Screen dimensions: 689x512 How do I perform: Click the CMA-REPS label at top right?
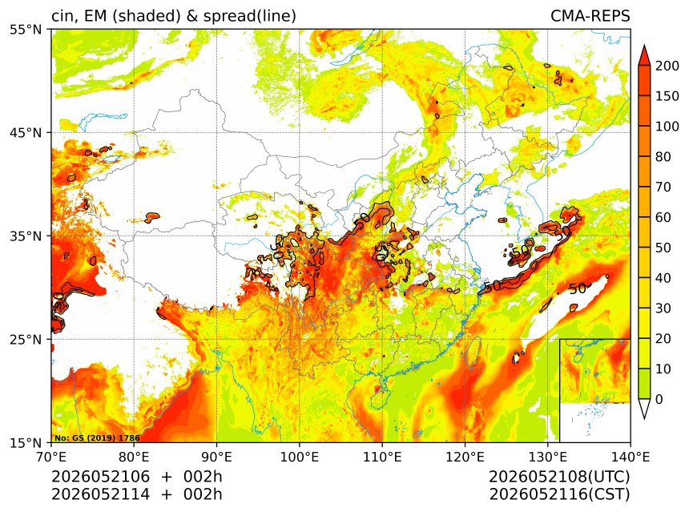[590, 16]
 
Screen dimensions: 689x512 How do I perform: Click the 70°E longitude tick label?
[52, 457]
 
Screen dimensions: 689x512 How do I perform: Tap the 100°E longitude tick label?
[300, 457]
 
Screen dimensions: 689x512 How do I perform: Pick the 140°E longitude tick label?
[631, 457]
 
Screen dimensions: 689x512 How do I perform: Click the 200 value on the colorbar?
[667, 66]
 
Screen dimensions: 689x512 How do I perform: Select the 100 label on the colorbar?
[667, 127]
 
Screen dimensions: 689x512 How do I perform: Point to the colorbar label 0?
[659, 400]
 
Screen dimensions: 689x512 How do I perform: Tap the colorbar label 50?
[663, 248]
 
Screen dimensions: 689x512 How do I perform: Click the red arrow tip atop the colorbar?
[644, 46]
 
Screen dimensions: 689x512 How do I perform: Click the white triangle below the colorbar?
[644, 409]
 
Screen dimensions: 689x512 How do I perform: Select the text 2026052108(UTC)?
[559, 477]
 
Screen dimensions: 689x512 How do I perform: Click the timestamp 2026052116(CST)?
[559, 494]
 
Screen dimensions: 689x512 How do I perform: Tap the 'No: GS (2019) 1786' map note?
[97, 437]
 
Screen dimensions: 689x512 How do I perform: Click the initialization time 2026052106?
[101, 477]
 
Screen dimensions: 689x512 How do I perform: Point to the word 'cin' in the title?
[62, 16]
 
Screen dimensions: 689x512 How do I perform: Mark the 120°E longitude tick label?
[465, 457]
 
